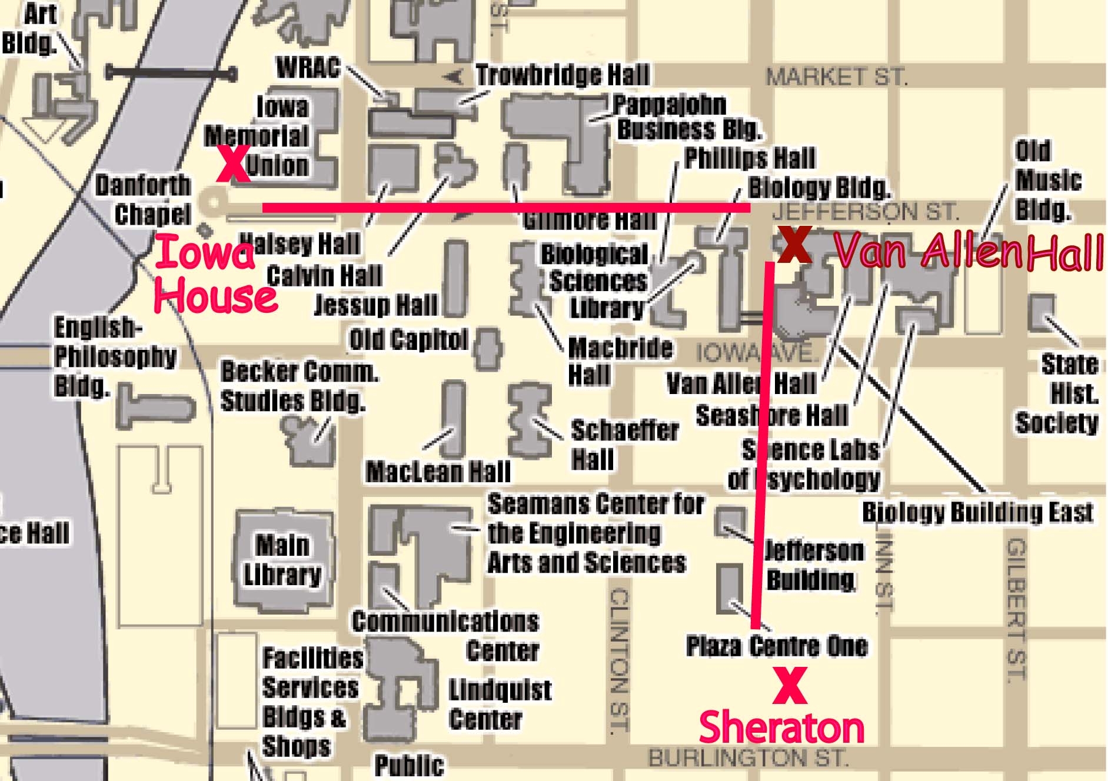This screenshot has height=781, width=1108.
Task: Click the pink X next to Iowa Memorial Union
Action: click(233, 163)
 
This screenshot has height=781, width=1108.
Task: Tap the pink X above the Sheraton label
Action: click(789, 685)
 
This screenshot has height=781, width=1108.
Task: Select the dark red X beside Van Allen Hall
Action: click(794, 245)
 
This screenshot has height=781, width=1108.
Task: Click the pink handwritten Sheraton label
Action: click(781, 728)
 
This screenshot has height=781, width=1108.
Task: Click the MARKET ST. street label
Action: click(836, 77)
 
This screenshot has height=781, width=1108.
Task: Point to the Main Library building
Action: click(283, 560)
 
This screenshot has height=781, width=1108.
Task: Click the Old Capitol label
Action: click(408, 340)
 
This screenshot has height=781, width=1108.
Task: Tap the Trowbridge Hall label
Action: click(563, 75)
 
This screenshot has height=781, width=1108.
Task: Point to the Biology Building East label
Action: click(977, 513)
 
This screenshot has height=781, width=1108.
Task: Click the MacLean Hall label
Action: click(438, 472)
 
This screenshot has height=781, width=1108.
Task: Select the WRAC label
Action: click(308, 68)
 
